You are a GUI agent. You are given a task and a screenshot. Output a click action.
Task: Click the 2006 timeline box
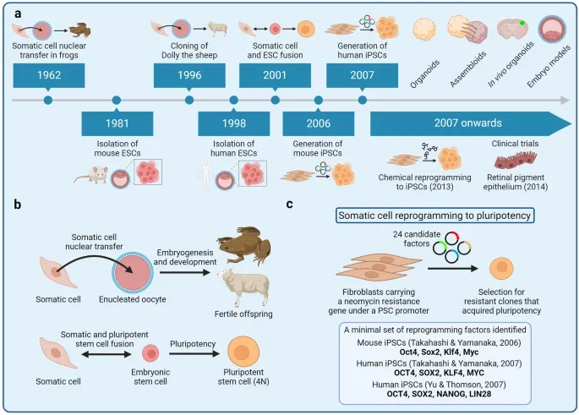coord(319,123)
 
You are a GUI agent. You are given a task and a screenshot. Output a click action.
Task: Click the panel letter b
coord(14,204)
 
